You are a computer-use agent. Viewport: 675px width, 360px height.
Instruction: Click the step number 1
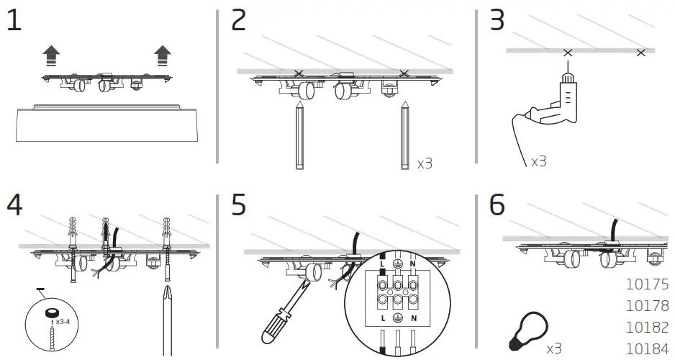coord(14,21)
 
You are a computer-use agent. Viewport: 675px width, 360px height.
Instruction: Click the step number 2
coord(239,21)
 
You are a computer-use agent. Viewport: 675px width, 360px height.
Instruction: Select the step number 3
coord(497,21)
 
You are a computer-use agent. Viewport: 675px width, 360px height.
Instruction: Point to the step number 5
coord(239,205)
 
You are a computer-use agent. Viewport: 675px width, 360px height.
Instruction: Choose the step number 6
coord(497,205)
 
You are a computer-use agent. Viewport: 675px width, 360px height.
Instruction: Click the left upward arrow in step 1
coord(51,55)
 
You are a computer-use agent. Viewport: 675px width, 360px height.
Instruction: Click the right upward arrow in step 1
coord(163,55)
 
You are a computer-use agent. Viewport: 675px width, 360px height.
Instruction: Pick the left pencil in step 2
coord(299,137)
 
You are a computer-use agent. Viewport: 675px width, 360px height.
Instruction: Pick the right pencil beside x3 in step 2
coord(405,137)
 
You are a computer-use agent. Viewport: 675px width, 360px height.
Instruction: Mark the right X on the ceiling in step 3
coord(641,53)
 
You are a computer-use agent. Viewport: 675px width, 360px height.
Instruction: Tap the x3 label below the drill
coord(538,162)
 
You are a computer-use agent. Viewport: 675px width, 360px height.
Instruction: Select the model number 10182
coord(648,327)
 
